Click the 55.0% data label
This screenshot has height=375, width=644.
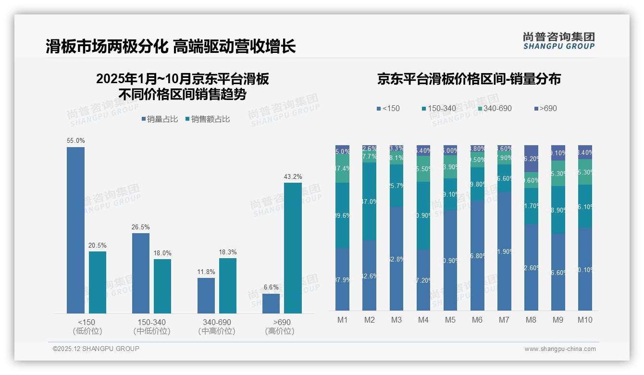click(x=75, y=141)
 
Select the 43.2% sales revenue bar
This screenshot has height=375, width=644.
click(x=293, y=248)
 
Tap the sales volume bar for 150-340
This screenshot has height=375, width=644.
click(x=140, y=273)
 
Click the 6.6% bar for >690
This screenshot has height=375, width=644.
click(x=271, y=303)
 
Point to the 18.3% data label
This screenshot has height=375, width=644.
click(x=227, y=252)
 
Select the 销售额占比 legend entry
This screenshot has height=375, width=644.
click(x=207, y=119)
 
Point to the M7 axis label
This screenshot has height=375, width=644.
click(x=504, y=320)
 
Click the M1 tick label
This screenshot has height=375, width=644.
click(x=343, y=320)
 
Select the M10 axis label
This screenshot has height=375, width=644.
click(x=585, y=320)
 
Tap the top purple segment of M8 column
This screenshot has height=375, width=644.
click(x=531, y=158)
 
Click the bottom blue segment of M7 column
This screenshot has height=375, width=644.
click(x=504, y=250)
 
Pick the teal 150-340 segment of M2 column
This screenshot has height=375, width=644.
click(x=370, y=201)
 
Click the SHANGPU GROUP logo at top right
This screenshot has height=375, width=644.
click(x=558, y=41)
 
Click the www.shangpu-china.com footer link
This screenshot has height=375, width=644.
click(x=560, y=349)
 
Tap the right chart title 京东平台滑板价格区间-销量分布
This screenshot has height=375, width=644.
click(x=469, y=79)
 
